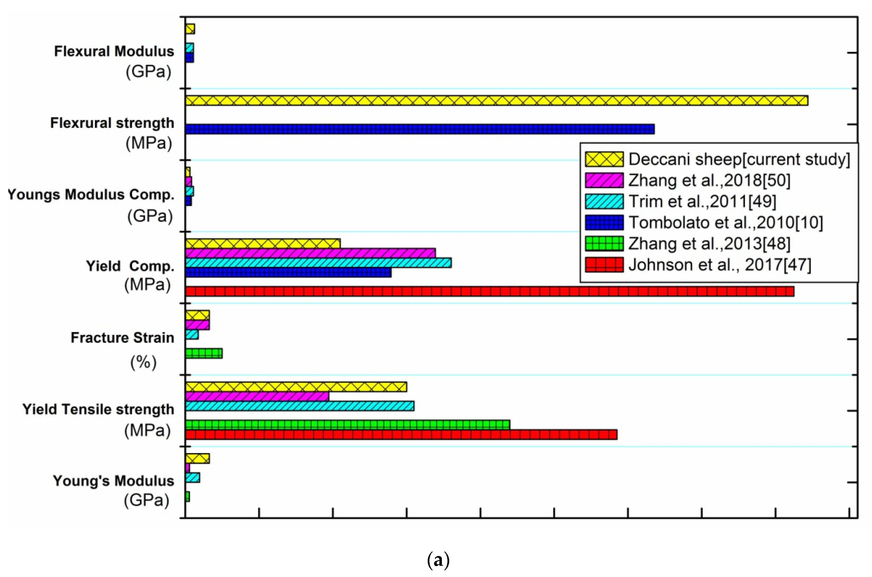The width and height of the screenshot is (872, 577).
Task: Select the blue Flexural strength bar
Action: (419, 129)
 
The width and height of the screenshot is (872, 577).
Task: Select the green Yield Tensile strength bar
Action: (347, 425)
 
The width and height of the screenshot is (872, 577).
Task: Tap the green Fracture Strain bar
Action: (203, 354)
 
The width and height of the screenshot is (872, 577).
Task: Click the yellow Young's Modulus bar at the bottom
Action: (197, 458)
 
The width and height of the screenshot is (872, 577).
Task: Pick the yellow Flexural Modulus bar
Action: (190, 29)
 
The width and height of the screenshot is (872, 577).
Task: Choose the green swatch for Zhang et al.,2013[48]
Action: (604, 243)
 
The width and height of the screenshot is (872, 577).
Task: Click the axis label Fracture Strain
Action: (122, 337)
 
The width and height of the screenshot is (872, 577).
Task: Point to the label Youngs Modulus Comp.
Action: (91, 194)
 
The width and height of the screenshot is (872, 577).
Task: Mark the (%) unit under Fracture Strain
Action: (143, 363)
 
